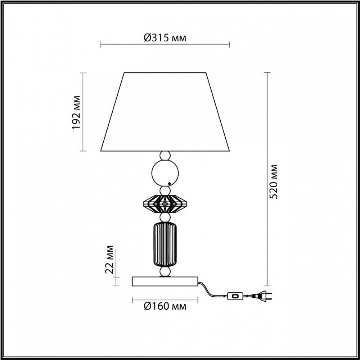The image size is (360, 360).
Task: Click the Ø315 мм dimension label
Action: (165, 38)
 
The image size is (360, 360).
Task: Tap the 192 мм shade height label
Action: (76, 113)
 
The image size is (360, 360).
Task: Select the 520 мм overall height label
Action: (274, 181)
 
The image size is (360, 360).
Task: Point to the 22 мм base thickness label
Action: (110, 260)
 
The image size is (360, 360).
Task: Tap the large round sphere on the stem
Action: (165, 173)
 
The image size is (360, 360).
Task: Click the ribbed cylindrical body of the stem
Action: (165, 245)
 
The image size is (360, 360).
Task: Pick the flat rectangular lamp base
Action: (165, 281)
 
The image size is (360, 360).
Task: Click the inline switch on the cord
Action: (235, 296)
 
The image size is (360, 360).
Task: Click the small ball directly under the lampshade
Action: (165, 156)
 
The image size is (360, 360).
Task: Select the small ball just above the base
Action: (165, 272)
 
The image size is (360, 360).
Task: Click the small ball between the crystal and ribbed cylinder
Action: (165, 217)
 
